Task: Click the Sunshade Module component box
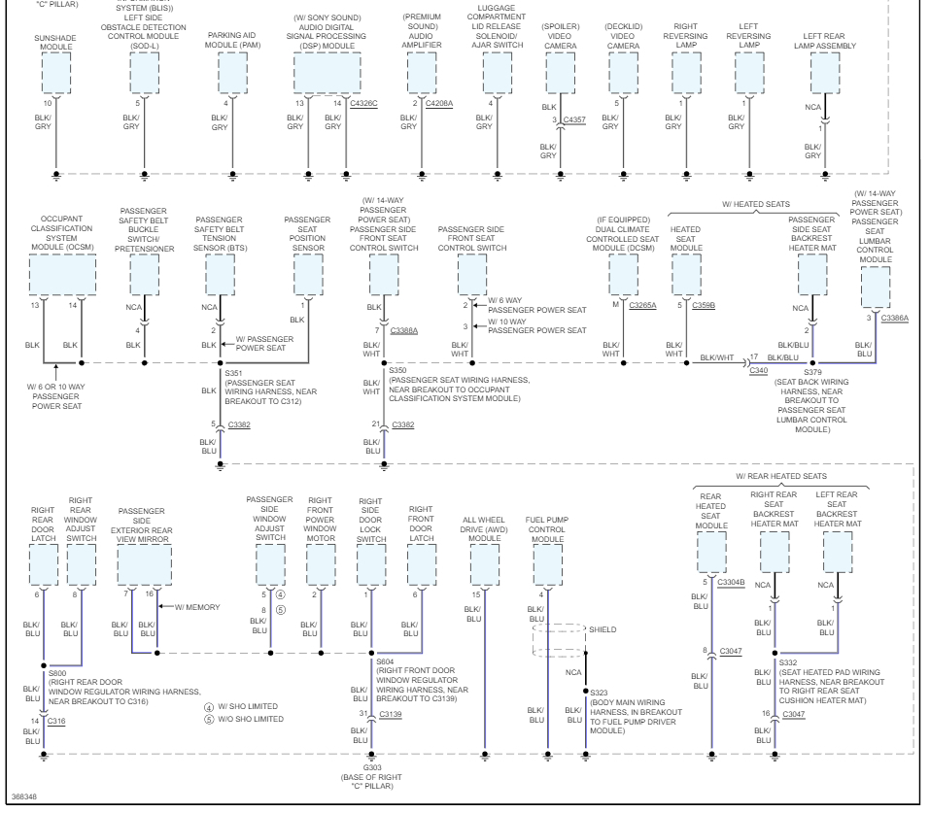(x=56, y=72)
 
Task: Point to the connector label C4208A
(x=438, y=102)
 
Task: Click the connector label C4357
(x=574, y=119)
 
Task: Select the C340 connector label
(x=758, y=370)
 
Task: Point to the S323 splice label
(x=599, y=693)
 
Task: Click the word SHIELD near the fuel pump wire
(x=602, y=629)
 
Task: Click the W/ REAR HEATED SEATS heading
(x=781, y=476)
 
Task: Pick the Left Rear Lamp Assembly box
(x=824, y=72)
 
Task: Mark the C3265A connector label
(x=643, y=304)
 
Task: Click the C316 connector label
(x=56, y=721)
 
